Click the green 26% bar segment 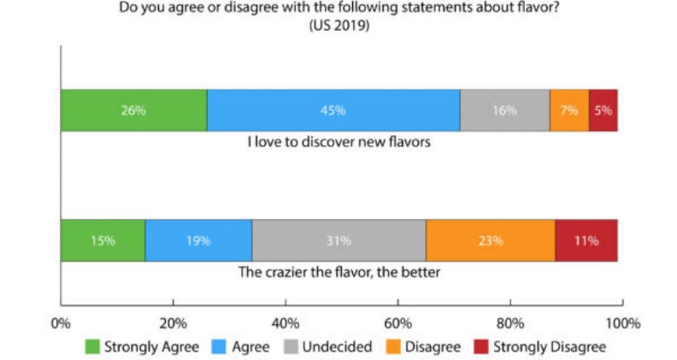coord(133,110)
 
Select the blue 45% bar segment coord(333,110)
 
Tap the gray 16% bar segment coord(504,110)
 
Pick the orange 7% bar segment coord(569,110)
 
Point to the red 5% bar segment coord(603,110)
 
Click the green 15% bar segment coord(103,240)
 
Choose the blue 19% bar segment coord(198,240)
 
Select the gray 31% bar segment coord(338,240)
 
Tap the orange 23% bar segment coord(490,240)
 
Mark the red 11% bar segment coord(586,240)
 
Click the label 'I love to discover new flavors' coord(338,142)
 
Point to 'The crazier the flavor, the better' coord(338,274)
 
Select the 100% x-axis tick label coord(622,323)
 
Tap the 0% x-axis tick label coord(60,323)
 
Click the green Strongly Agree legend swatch coord(91,347)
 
